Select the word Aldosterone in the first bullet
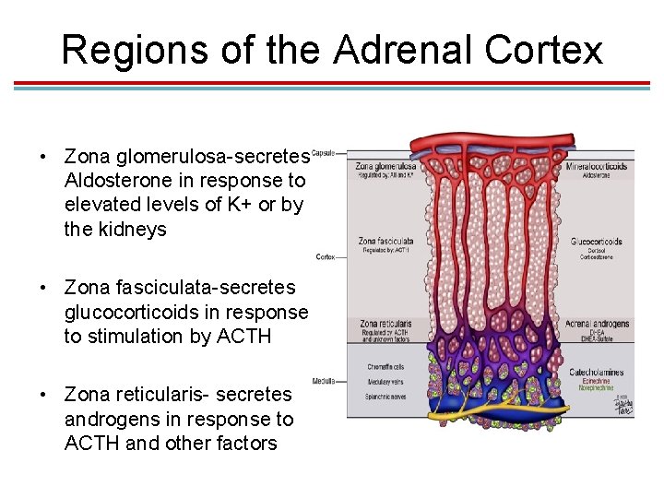(x=120, y=181)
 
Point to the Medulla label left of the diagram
(x=323, y=380)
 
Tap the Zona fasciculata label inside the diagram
(x=380, y=242)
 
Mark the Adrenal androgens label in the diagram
(x=597, y=324)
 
